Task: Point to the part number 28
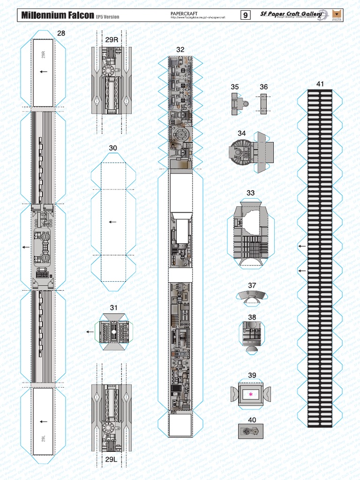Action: tap(61, 33)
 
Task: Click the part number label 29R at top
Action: tap(112, 40)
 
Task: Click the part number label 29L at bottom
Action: tap(111, 458)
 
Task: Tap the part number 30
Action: tap(113, 148)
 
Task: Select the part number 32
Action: tap(180, 49)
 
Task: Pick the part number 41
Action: tap(320, 84)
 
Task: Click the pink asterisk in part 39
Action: tap(251, 395)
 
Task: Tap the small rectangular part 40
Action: tap(251, 431)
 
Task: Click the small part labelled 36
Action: tap(263, 103)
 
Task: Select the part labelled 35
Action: tap(237, 104)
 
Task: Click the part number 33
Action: tap(251, 193)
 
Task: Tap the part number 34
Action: tap(242, 133)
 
